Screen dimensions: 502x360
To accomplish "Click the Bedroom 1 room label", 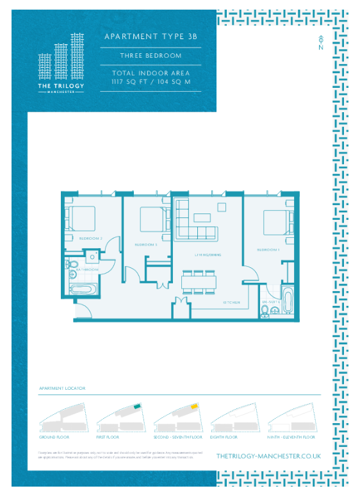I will coord(268,249).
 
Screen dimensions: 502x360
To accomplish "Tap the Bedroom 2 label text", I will coord(91,238).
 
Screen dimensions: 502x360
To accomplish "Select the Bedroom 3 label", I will coord(146,244).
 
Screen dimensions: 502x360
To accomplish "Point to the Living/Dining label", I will coord(208,255).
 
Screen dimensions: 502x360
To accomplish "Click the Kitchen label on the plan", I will coord(231,302).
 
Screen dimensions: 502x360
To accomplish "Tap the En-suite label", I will coord(268,301).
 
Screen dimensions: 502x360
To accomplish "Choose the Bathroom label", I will coord(87,270).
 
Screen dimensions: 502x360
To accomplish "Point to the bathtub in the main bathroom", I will coord(84,289).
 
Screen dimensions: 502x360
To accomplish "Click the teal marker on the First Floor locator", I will coord(136,406).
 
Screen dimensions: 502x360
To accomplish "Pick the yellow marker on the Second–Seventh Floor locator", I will coord(193,406).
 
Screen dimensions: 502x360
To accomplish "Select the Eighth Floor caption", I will coord(224,437).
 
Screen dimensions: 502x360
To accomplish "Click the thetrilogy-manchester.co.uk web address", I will coord(268,456).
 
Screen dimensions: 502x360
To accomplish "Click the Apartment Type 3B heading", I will coord(151,37).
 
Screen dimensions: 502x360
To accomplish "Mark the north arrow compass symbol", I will coord(320,42).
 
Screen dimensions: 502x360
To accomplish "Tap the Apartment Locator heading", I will coord(62,389).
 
